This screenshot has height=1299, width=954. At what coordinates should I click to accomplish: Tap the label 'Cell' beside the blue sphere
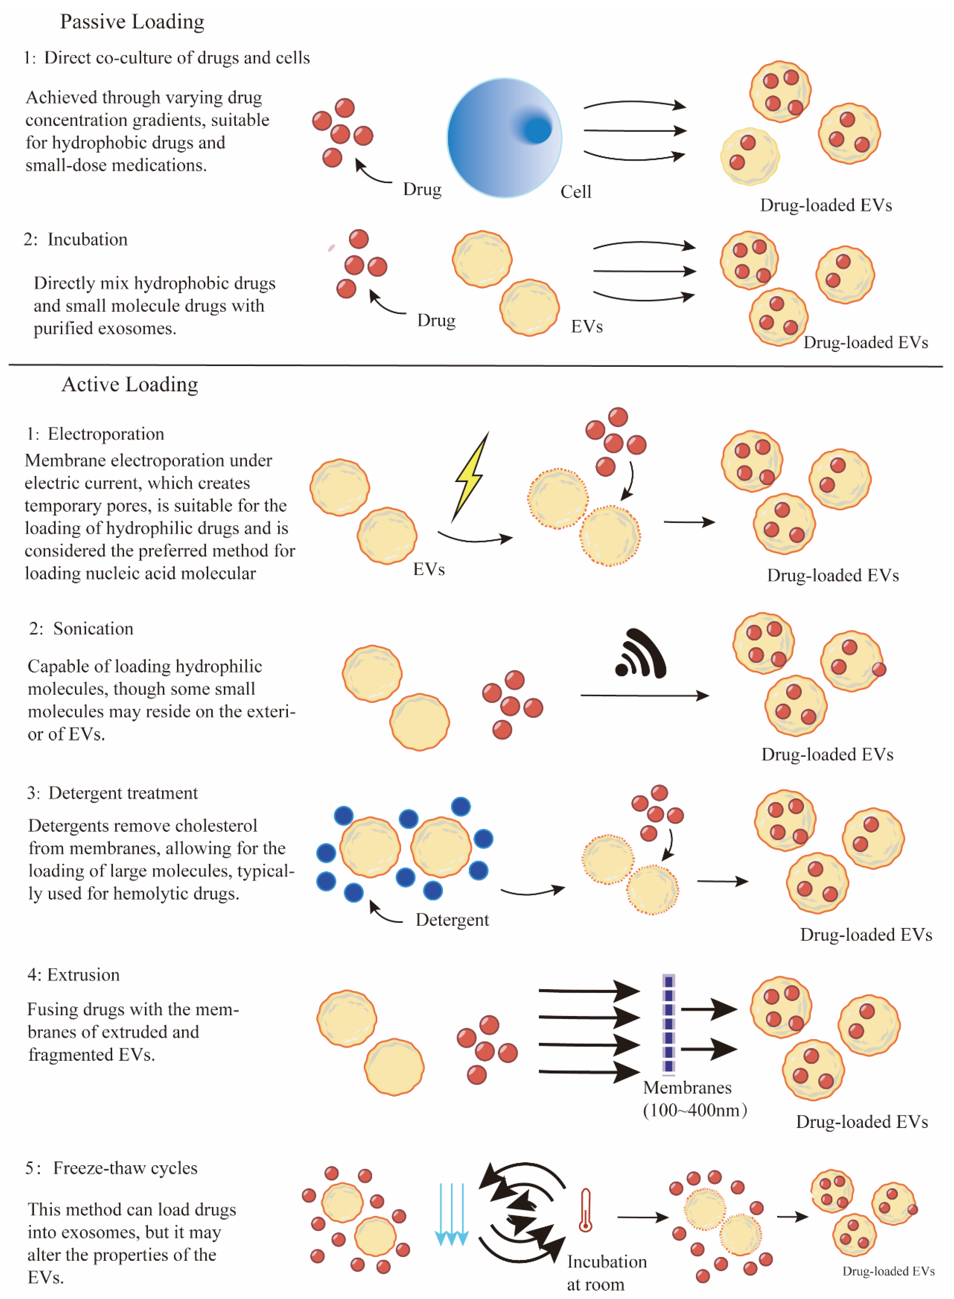click(576, 192)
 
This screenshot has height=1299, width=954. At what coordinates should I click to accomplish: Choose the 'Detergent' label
click(452, 920)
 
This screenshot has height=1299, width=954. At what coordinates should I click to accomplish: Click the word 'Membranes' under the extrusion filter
click(687, 1088)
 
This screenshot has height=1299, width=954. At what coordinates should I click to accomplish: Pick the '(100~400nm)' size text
click(695, 1110)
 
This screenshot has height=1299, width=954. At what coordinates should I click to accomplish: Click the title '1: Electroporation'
click(95, 434)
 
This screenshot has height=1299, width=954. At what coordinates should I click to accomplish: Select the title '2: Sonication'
click(81, 628)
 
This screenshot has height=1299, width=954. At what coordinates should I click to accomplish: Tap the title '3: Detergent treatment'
click(113, 793)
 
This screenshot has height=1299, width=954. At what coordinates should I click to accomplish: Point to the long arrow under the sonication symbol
click(644, 695)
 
